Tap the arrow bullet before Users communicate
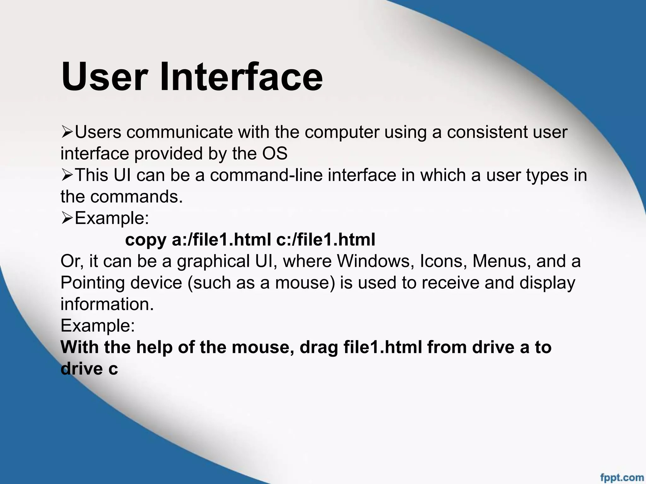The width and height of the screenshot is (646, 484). (67, 132)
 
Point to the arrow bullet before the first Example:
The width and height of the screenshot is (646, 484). (67, 218)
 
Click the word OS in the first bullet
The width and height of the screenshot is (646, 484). (275, 154)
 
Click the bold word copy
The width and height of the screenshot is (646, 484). (146, 240)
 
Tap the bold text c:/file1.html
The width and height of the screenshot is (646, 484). (326, 240)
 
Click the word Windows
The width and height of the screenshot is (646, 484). (375, 261)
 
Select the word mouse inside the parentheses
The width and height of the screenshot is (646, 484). (305, 283)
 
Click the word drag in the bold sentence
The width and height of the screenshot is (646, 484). (319, 348)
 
